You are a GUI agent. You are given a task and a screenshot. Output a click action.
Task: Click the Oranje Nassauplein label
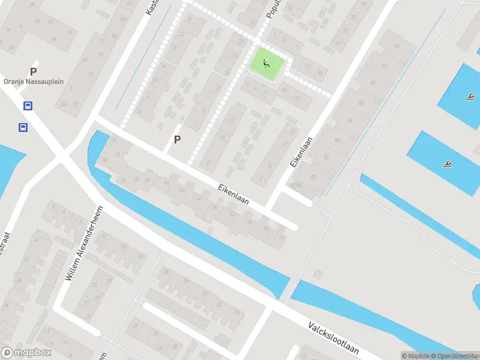pyautogui.click(x=34, y=82)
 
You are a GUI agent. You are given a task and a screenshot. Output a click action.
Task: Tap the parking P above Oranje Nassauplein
pyautogui.click(x=34, y=71)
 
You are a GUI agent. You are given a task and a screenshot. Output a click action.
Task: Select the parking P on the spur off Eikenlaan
pyautogui.click(x=177, y=139)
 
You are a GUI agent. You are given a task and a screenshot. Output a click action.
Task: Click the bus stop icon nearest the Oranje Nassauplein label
pyautogui.click(x=28, y=106)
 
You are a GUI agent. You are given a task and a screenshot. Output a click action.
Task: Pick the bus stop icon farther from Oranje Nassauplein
pyautogui.click(x=22, y=127)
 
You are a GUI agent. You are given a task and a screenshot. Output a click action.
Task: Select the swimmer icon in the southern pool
pyautogui.click(x=447, y=163)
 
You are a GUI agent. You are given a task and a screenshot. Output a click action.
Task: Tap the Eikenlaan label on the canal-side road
pyautogui.click(x=233, y=194)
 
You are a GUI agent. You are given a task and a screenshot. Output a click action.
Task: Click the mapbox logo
pyautogui.click(x=26, y=353)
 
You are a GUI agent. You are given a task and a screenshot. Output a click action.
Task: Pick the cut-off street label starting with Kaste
pyautogui.click(x=150, y=7)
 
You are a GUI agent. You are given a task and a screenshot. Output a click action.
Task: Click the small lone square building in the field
pyautogui.click(x=317, y=275)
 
